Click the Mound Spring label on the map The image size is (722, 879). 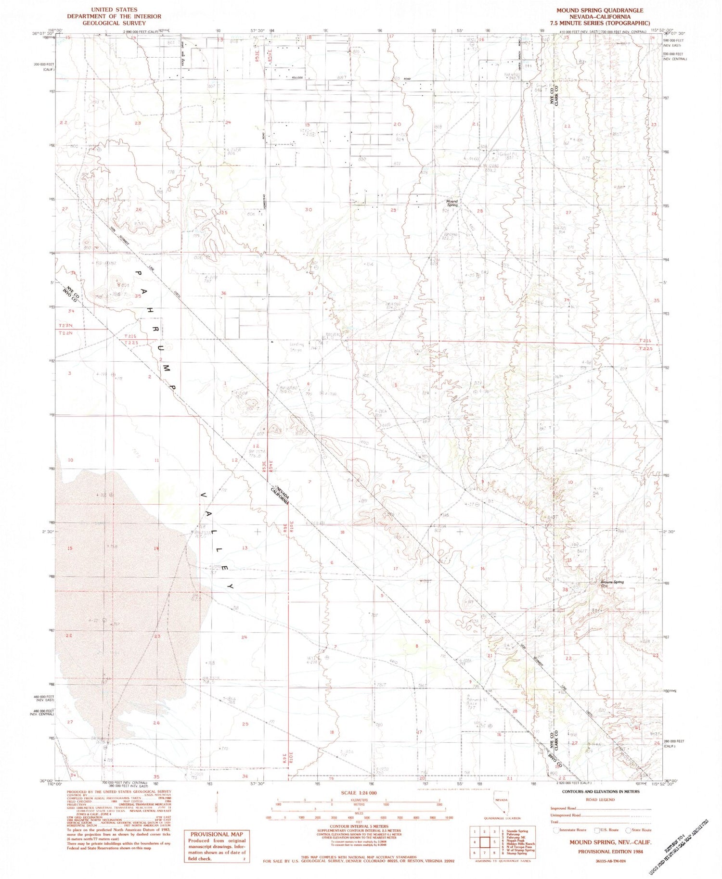pyautogui.click(x=451, y=203)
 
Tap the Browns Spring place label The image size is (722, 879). pyautogui.click(x=612, y=583)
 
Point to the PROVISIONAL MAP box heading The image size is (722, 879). pyautogui.click(x=217, y=835)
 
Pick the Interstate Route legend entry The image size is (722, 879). pyautogui.click(x=572, y=830)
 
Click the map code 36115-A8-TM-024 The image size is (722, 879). pyautogui.click(x=610, y=860)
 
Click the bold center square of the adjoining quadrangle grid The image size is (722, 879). pyautogui.click(x=485, y=842)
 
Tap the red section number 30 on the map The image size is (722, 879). pyautogui.click(x=309, y=209)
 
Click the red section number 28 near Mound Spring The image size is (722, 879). pyautogui.click(x=480, y=211)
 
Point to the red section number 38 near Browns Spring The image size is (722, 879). pyautogui.click(x=565, y=589)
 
